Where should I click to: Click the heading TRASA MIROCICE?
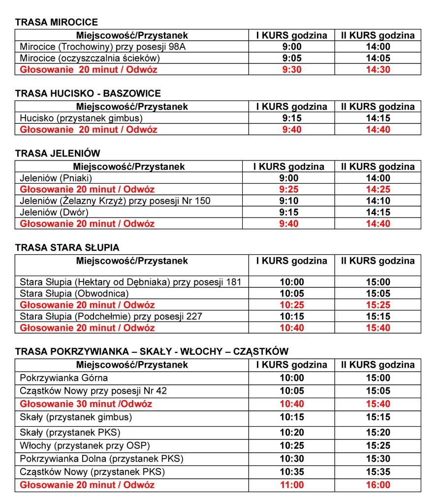(57, 22)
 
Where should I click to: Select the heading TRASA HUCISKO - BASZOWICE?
(88, 94)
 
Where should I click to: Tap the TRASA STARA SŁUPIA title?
(67, 248)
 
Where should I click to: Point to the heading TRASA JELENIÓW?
(58, 154)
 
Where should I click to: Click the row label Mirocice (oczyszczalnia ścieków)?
(90, 58)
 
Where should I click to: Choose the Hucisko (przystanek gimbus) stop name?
(81, 118)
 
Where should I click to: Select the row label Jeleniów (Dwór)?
(54, 212)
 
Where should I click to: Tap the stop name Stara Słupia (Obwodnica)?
(74, 294)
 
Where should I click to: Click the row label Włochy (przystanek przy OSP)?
(85, 445)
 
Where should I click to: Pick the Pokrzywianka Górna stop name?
(63, 378)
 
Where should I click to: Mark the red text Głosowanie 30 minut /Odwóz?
(86, 404)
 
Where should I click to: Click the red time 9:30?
(291, 69)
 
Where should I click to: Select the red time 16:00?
(378, 485)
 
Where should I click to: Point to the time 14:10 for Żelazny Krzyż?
(378, 201)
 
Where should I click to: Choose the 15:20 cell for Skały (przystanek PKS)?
(378, 432)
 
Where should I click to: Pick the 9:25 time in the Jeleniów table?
(291, 189)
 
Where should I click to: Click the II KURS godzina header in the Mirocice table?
(378, 35)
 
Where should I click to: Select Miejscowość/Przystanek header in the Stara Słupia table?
(132, 261)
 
